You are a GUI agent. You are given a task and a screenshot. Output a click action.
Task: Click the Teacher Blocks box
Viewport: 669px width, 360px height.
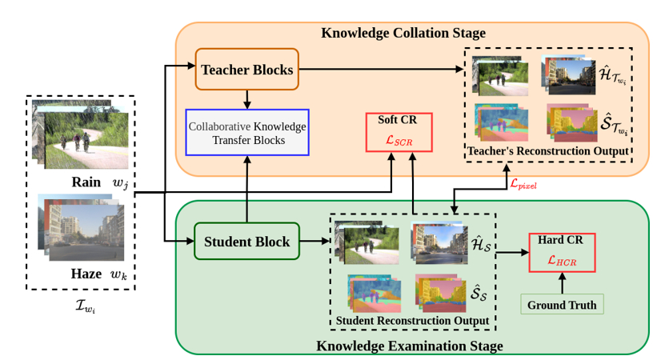(246, 69)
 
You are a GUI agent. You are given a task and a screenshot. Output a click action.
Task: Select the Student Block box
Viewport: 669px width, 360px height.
(246, 241)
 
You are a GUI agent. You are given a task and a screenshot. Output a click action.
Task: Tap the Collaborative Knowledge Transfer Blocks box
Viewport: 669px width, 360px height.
(246, 132)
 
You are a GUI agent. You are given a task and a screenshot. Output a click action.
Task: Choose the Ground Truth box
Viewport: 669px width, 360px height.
(561, 304)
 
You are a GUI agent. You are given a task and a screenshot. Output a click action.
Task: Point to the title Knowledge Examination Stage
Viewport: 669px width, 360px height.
(409, 346)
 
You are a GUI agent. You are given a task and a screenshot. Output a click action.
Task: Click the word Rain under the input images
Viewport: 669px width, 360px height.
(86, 182)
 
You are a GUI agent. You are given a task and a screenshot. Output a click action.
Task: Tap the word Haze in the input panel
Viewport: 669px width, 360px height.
(86, 274)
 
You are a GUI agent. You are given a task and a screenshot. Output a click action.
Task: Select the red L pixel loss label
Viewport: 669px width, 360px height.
(523, 183)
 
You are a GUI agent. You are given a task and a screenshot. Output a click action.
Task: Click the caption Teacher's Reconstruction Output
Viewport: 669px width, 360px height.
(548, 150)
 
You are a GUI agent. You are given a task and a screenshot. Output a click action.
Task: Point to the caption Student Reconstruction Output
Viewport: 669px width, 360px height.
(412, 321)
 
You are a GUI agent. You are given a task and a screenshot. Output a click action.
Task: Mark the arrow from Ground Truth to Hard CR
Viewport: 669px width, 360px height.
(561, 283)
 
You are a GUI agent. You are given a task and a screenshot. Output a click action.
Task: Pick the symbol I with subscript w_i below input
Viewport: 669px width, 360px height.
(80, 306)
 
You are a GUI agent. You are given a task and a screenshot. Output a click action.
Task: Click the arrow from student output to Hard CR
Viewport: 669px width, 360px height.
(511, 252)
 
